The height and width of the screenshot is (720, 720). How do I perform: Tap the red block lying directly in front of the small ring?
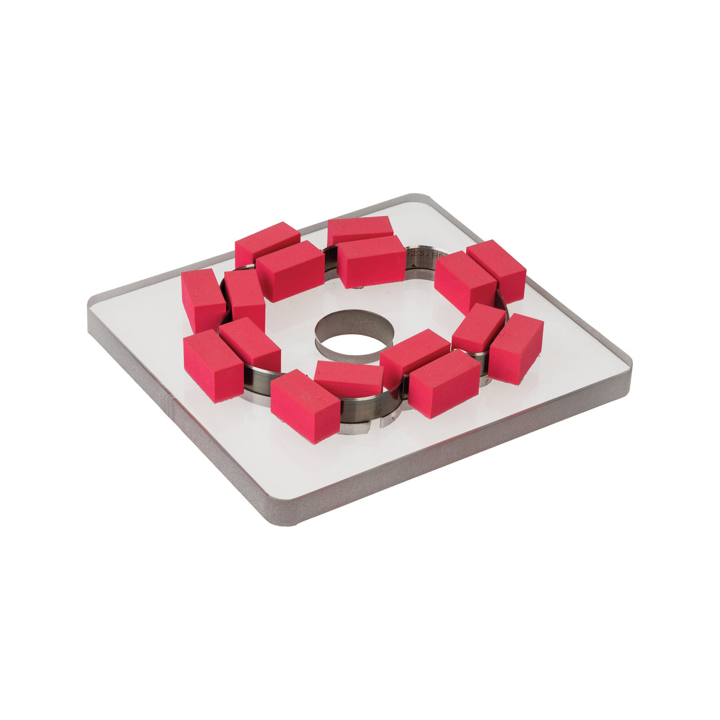coord(349,378)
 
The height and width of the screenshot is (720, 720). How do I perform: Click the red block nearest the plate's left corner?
coord(202,299)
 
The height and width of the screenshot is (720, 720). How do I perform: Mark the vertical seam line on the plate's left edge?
coord(172,404)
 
